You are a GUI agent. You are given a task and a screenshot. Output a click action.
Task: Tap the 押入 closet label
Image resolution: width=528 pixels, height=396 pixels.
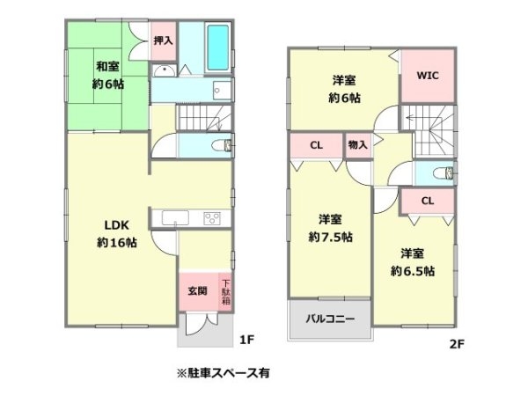pyautogui.click(x=162, y=40)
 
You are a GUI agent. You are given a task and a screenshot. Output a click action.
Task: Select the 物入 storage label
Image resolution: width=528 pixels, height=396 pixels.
pyautogui.click(x=357, y=145)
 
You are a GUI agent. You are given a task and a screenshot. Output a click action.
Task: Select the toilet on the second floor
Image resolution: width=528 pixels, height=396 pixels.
pyautogui.click(x=444, y=172)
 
